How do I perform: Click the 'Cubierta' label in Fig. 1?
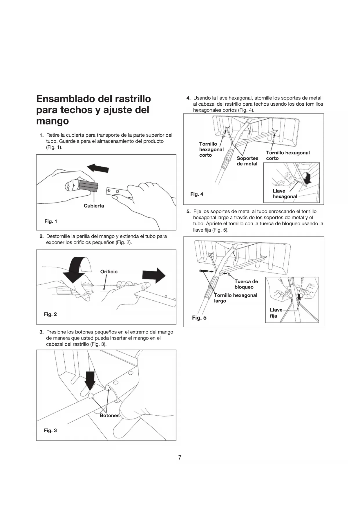94,206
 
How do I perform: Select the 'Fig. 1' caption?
51,221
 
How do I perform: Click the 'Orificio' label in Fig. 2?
109,272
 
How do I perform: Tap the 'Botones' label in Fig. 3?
109,416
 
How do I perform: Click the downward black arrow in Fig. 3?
90,380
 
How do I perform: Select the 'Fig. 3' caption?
50,431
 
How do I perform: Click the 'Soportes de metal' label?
247,161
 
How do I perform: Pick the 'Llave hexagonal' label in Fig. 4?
285,194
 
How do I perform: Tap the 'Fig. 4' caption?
197,194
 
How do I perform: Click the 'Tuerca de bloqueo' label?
246,284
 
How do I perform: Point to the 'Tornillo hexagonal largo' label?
235,298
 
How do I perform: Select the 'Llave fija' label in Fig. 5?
276,313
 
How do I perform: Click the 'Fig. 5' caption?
199,318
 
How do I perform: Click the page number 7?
180,458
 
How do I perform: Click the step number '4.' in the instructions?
188,98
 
